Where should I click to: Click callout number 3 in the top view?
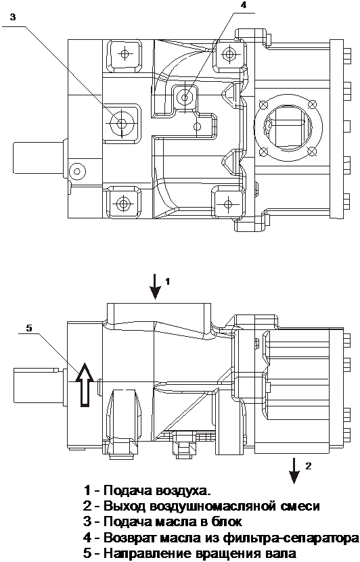[13, 17]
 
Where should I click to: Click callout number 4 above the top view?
[244, 5]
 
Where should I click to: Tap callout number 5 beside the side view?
[29, 328]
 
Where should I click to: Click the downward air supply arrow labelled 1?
[155, 286]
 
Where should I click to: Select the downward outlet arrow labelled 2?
[294, 471]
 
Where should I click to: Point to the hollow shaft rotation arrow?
[85, 385]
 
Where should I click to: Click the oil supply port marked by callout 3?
[121, 123]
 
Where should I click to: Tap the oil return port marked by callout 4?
[185, 97]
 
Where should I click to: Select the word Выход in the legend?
[125, 507]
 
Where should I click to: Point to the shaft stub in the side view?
[38, 385]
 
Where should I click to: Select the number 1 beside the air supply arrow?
[166, 282]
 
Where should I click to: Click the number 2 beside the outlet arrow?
[309, 466]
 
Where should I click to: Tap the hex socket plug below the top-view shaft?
[76, 171]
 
